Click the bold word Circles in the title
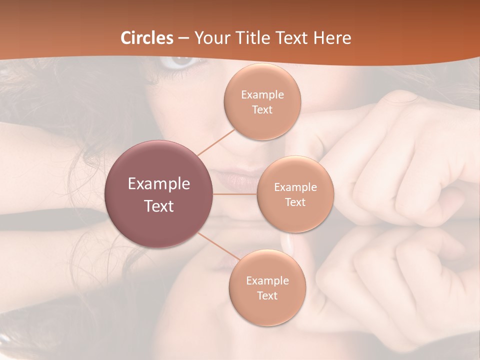click(147, 38)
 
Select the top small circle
click(262, 102)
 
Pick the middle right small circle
click(295, 194)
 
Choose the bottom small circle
click(267, 288)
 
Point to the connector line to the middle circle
click(235, 194)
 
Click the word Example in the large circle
click(159, 184)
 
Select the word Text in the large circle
click(159, 206)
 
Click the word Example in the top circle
click(262, 95)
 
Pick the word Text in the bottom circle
click(267, 295)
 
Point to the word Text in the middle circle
click(295, 202)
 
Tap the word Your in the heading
click(210, 38)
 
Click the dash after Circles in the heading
click(183, 38)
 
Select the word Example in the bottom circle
click(267, 281)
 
